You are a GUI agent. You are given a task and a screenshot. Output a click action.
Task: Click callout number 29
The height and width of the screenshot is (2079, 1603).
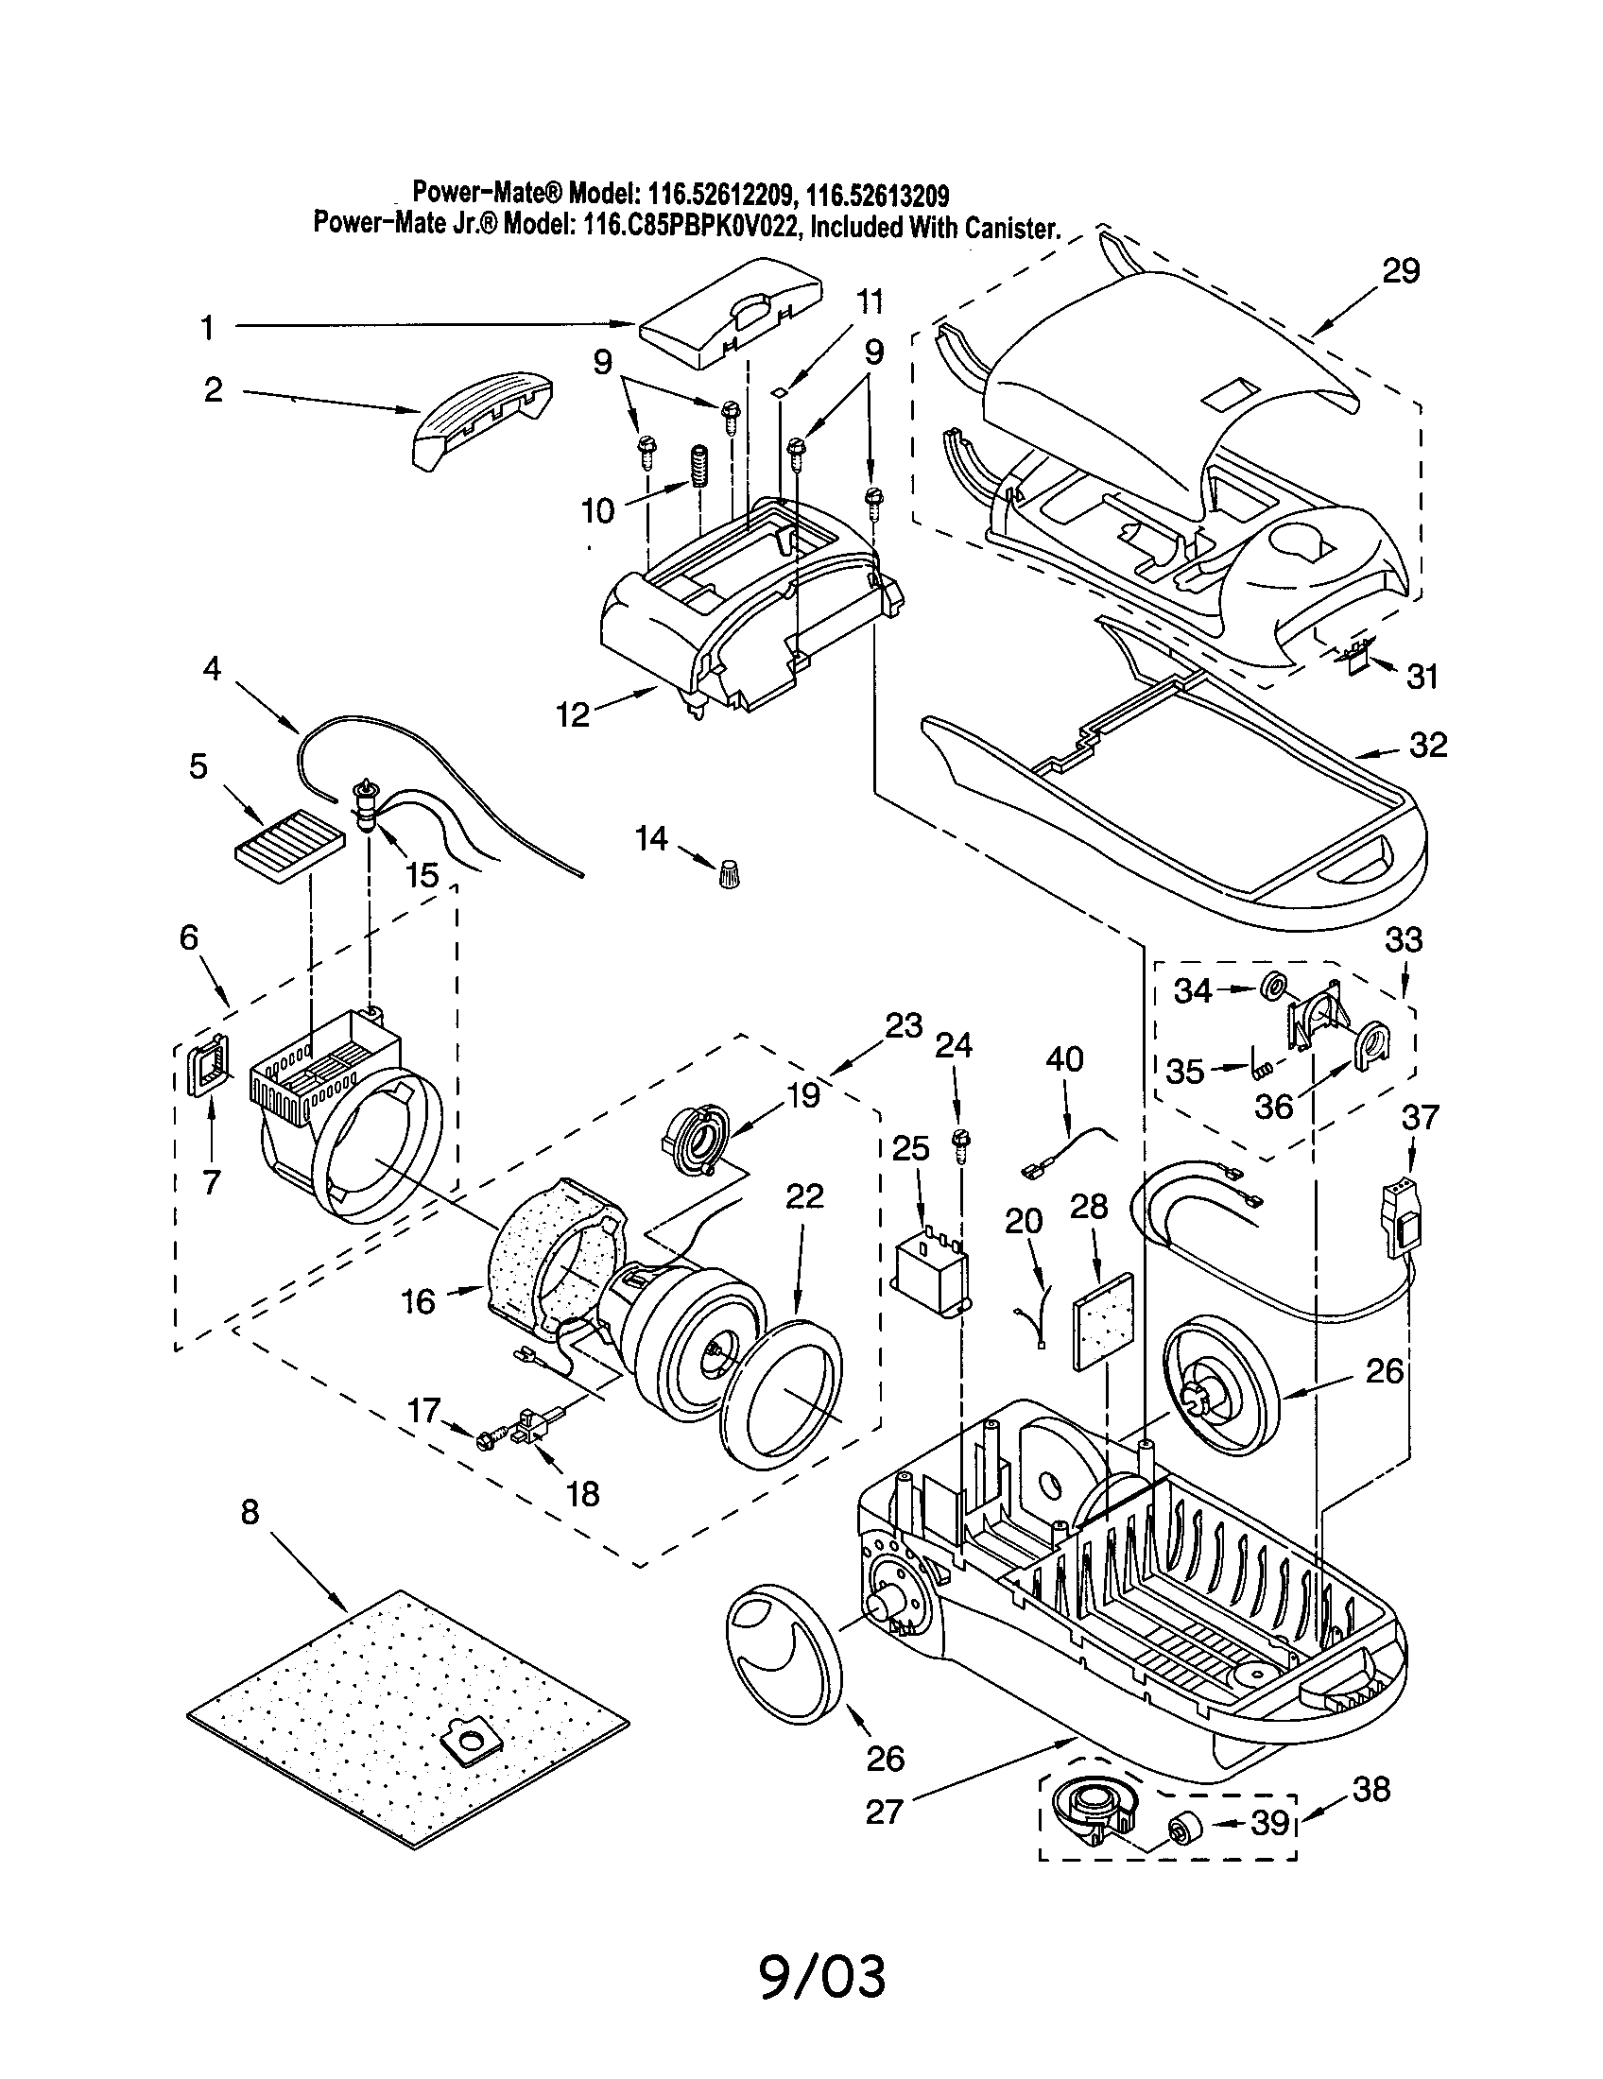coord(1400,271)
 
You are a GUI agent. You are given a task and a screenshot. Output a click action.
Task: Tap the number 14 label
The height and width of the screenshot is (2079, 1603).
coord(652,838)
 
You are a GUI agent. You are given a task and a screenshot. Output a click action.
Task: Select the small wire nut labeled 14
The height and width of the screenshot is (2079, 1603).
coord(729,870)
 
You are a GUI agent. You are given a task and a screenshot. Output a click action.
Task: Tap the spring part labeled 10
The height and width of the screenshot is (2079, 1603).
coord(700,468)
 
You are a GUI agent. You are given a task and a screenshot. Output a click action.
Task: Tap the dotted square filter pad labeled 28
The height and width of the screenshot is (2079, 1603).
coord(1104,1319)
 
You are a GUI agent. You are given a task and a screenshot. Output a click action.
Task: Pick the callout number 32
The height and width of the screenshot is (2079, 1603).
coord(1428,745)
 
